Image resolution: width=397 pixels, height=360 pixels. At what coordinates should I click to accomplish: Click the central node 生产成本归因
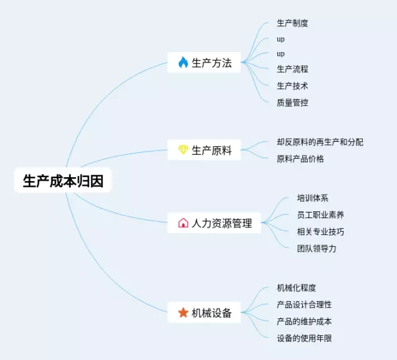[63, 180]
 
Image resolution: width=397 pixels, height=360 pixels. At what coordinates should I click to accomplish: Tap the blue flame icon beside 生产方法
[183, 63]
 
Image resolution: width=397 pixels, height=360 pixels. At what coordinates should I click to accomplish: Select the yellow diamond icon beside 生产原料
[183, 150]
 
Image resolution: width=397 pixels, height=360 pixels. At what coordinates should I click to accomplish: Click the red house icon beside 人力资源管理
[183, 223]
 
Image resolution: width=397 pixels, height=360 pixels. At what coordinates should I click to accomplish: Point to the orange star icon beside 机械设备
[183, 313]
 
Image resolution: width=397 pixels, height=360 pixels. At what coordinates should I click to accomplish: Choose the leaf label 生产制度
[292, 24]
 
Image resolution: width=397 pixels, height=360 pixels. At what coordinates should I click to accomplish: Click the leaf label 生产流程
[292, 69]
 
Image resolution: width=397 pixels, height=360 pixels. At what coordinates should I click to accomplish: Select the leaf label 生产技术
[292, 86]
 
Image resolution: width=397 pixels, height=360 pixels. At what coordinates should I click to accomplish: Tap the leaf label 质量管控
[292, 103]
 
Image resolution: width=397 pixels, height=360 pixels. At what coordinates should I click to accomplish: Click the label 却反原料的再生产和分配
[320, 142]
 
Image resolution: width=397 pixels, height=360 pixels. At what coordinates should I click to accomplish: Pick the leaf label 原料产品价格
[300, 159]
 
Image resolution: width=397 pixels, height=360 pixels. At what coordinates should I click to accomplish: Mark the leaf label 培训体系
[313, 198]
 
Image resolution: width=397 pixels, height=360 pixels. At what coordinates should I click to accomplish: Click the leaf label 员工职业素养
[321, 215]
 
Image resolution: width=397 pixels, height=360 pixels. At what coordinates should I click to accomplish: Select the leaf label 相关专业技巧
[321, 232]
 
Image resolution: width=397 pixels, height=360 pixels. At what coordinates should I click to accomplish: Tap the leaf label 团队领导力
[316, 248]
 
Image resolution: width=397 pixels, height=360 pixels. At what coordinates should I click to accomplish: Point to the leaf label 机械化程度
[297, 288]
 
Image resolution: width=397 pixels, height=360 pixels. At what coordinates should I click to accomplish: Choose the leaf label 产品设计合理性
[304, 305]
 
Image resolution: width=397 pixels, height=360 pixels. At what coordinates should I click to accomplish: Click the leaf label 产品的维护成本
[304, 322]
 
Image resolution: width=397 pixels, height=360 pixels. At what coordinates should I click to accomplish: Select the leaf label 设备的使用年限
[304, 338]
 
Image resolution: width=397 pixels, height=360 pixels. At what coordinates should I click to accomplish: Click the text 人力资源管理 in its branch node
[222, 224]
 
